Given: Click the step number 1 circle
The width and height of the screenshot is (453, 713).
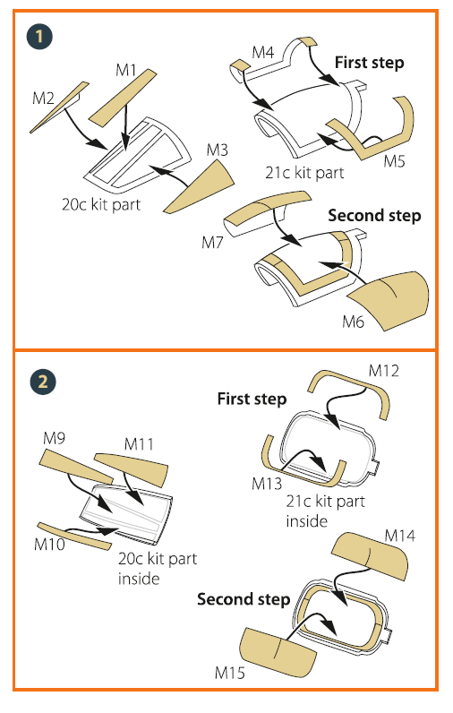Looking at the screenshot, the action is (39, 37).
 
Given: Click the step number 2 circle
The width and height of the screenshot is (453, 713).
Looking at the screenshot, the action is (43, 381).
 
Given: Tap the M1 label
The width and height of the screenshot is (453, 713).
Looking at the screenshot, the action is (126, 70).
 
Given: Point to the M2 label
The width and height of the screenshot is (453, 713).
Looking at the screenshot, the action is (43, 99).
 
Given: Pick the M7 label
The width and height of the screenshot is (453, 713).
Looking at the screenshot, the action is (213, 243).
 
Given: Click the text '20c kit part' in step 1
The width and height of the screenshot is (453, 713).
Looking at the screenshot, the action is (101, 204).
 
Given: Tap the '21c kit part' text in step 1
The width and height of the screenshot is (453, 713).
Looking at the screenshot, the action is (304, 173).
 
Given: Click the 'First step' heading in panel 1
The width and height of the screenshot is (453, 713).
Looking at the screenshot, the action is (370, 63).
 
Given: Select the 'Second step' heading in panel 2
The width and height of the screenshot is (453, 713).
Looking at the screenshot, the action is (244, 599).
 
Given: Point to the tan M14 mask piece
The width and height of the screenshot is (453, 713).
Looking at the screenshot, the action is (370, 554).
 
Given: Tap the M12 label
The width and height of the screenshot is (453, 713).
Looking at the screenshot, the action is (383, 371).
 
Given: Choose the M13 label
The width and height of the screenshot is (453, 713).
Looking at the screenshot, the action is (267, 484).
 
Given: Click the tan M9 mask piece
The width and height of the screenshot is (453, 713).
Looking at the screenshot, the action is (76, 466).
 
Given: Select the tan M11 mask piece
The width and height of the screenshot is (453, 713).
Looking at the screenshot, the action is (132, 468).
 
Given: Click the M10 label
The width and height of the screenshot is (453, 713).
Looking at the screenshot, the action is (49, 544).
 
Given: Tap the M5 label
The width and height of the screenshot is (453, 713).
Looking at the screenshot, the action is (394, 161).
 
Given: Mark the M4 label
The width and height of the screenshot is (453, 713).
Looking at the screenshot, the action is (263, 52).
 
